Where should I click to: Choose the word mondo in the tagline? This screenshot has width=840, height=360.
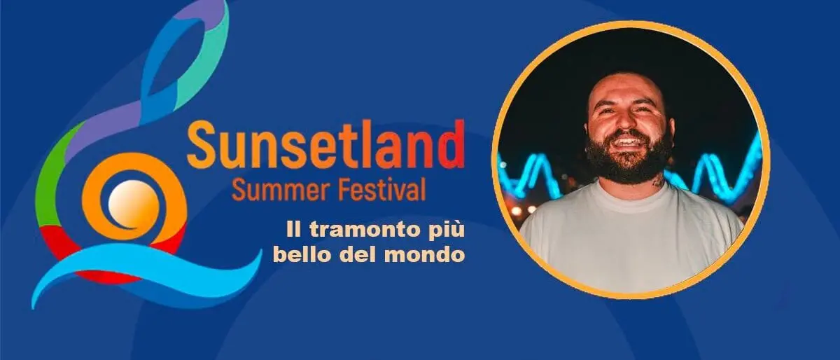coord(433,254)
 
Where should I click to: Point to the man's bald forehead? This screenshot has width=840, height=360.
coord(623,91)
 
